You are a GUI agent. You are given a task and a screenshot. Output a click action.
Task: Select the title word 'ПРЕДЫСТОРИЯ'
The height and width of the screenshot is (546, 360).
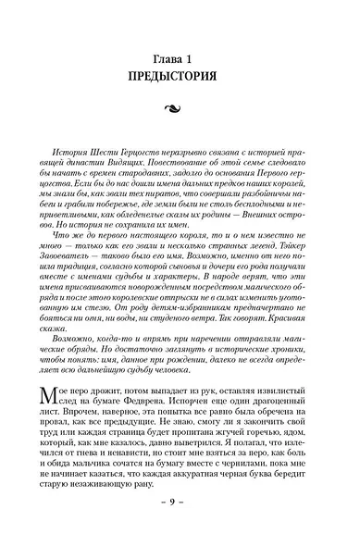point(179,75)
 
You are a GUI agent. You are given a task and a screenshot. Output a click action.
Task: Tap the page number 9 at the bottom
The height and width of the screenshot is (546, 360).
point(179,525)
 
